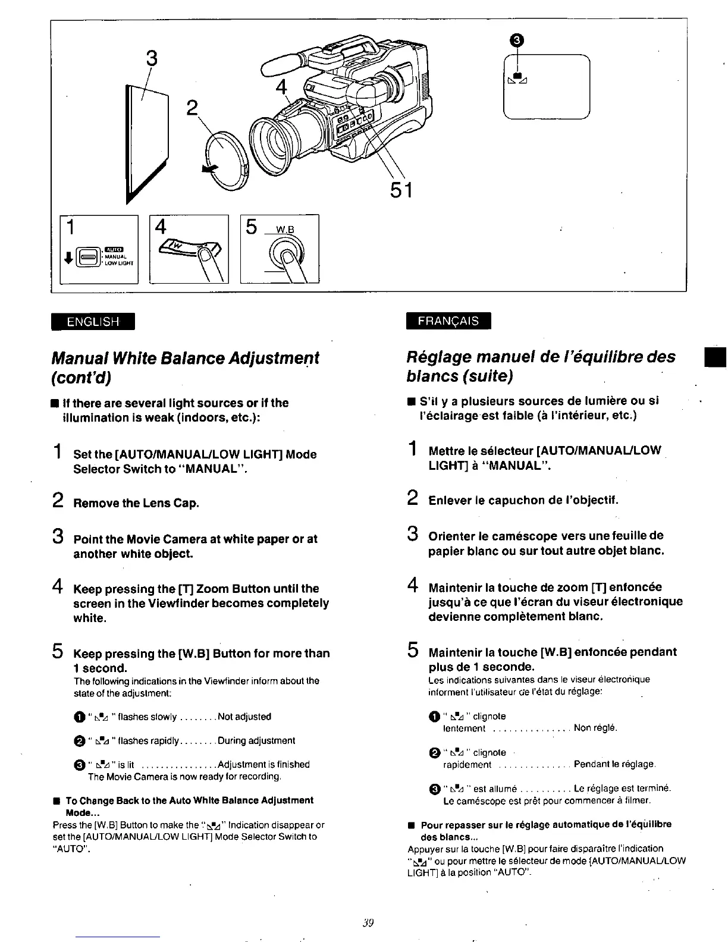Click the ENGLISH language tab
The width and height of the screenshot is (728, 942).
93,321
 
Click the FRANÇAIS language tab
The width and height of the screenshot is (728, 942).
448,321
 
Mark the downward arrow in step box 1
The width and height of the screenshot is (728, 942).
68,257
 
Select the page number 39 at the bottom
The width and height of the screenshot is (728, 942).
367,923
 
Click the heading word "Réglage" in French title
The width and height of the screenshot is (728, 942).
435,357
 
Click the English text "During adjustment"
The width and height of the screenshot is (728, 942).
256,740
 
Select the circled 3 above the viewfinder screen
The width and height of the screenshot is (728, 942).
517,40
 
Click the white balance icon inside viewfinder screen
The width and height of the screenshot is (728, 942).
517,78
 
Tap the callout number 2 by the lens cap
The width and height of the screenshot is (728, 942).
192,108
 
